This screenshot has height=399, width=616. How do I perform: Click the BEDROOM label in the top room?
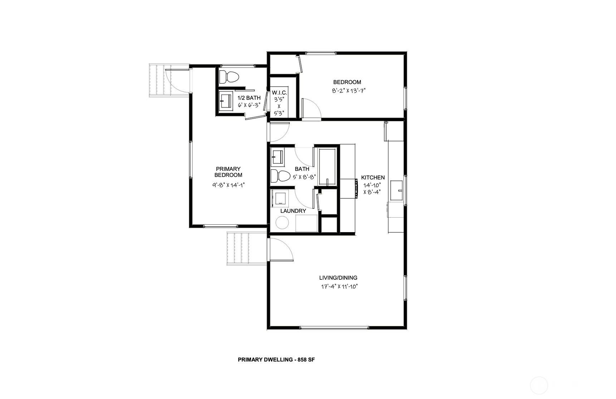[347, 82]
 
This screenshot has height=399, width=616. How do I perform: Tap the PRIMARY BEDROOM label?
[228, 172]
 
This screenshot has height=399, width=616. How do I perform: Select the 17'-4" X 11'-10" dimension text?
[338, 287]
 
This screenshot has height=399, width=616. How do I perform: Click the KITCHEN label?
[373, 178]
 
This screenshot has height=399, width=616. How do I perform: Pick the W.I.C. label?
[279, 92]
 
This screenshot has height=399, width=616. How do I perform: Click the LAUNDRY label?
[293, 211]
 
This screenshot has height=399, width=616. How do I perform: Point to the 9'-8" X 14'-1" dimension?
[228, 185]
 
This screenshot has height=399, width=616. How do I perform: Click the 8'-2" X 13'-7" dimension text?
[348, 91]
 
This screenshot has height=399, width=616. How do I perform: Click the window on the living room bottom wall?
[333, 328]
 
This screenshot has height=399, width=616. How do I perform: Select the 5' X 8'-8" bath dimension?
[304, 177]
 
